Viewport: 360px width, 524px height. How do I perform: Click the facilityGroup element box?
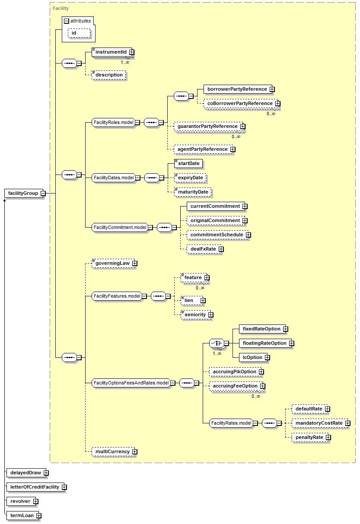click(x=24, y=193)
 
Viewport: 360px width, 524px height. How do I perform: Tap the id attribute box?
click(x=79, y=33)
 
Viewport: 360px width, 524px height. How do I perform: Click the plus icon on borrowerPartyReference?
click(x=272, y=89)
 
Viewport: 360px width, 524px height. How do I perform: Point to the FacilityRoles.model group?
click(x=114, y=122)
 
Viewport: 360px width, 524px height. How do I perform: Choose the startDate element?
click(x=188, y=164)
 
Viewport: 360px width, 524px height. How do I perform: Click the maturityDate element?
click(x=193, y=192)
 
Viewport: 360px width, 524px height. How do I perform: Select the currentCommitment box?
click(x=216, y=206)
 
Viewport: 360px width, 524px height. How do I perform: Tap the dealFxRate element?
click(x=204, y=249)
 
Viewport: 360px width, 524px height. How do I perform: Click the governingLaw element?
click(x=113, y=264)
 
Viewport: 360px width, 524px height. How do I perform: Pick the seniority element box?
click(x=196, y=314)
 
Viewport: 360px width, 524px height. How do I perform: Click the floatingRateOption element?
click(x=265, y=343)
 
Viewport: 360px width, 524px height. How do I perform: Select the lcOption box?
click(x=253, y=357)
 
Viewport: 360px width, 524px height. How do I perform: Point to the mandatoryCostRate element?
click(x=320, y=423)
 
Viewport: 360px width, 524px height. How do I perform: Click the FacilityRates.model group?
click(x=231, y=423)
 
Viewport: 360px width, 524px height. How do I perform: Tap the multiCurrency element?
click(x=113, y=452)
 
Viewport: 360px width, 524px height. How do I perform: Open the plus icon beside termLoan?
click(x=39, y=516)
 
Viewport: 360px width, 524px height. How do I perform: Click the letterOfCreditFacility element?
click(x=35, y=487)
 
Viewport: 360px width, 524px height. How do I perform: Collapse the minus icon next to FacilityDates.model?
click(x=138, y=178)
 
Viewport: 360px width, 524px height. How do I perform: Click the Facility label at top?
click(x=61, y=8)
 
